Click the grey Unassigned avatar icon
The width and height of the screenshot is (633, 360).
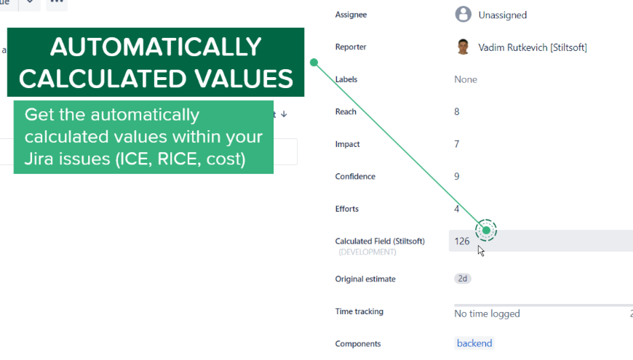[x=463, y=15]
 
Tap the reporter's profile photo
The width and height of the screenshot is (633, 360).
[x=463, y=47]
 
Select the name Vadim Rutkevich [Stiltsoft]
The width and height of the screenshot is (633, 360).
[x=533, y=47]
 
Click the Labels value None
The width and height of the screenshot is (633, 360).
[x=466, y=79]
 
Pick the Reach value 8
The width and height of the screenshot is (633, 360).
[x=457, y=112]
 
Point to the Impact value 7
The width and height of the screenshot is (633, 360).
[x=457, y=144]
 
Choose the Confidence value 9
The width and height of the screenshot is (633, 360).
[x=457, y=177]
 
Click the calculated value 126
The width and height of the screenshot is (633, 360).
[x=462, y=241]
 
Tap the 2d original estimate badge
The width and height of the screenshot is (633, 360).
[x=463, y=279]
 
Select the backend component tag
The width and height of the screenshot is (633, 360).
[x=474, y=343]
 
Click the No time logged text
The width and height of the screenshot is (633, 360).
[x=487, y=313]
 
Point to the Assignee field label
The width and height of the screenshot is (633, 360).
[x=351, y=15]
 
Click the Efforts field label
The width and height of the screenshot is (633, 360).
[x=347, y=209]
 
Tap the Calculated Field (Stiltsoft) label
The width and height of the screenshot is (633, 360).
[x=380, y=241]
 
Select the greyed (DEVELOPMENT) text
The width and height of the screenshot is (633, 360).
[x=367, y=252]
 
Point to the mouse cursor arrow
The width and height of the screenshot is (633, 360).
[x=480, y=251]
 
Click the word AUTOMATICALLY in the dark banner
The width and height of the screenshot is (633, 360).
[x=156, y=47]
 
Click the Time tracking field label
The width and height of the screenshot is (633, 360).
[x=359, y=311]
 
